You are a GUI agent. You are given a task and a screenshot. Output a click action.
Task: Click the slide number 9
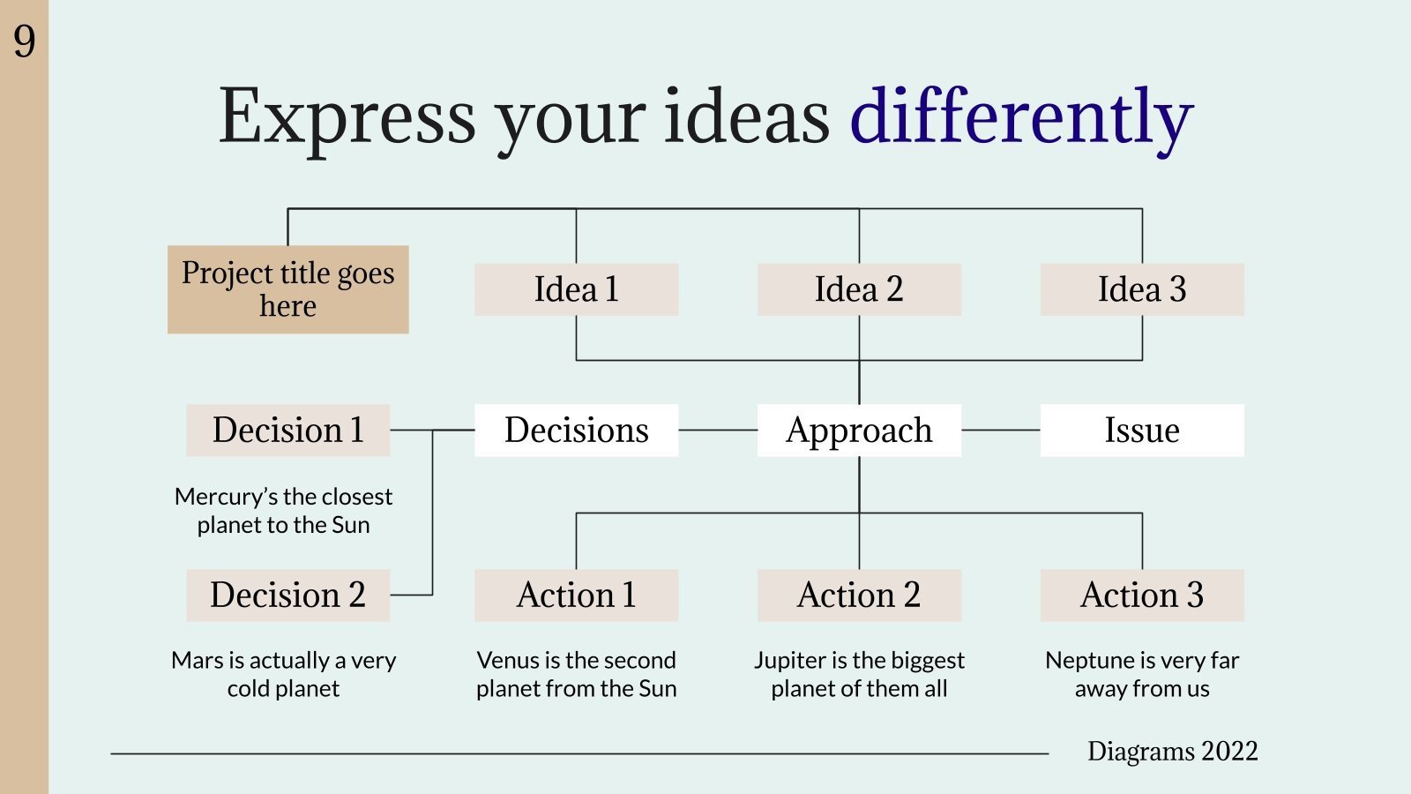25,41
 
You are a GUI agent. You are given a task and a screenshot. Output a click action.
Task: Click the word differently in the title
1020,117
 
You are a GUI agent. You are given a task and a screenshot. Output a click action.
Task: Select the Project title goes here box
287,289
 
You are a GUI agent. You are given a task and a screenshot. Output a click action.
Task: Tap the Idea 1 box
576,289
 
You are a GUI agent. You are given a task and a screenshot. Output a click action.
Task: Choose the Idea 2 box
859,289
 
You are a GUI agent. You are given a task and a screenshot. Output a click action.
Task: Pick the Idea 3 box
1142,289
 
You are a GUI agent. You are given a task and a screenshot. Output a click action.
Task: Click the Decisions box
576,431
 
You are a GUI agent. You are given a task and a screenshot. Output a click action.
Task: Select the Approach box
859,431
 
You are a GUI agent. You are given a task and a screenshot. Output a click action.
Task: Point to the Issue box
1142,431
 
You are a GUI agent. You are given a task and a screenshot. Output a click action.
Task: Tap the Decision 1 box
287,431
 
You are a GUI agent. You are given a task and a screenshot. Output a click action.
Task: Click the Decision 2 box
287,595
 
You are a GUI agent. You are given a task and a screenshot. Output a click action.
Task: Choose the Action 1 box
576,595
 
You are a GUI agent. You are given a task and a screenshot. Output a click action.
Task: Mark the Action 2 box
859,595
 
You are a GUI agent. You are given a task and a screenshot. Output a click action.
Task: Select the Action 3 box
1142,595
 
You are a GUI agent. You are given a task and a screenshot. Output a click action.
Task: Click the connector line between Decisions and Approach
718,431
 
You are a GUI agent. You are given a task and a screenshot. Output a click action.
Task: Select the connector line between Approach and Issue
1001,431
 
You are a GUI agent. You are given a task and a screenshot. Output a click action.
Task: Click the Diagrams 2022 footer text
1172,752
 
